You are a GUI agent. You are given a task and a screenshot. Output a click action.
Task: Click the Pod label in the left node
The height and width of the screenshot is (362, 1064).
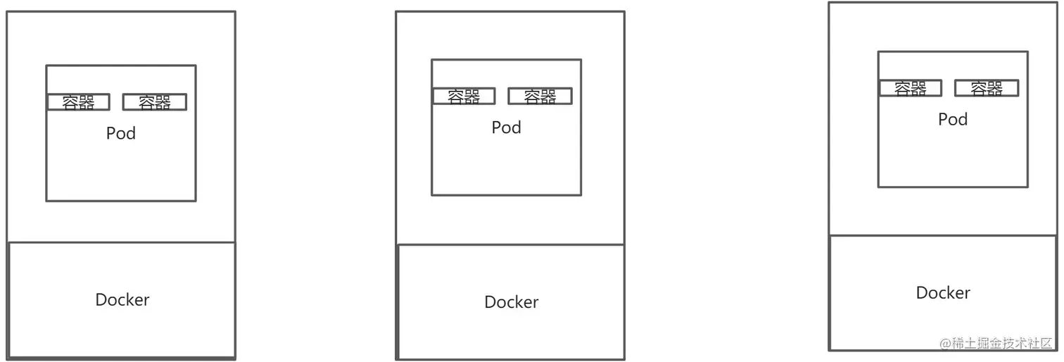121,133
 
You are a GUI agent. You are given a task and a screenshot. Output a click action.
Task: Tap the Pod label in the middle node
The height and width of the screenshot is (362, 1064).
506,127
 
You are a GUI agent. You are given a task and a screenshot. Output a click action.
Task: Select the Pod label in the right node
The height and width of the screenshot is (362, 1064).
953,119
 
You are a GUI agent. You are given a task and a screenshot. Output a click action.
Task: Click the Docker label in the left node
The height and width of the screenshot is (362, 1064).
122,299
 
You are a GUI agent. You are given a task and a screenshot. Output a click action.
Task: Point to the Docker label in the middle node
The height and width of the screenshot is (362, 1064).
512,302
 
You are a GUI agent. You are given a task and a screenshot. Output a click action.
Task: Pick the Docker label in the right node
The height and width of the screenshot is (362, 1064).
943,293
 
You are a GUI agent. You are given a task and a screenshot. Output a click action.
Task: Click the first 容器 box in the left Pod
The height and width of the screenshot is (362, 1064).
79,102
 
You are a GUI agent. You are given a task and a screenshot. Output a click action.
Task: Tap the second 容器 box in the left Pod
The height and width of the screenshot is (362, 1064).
155,102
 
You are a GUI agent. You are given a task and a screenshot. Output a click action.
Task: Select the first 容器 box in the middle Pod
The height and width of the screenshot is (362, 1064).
464,96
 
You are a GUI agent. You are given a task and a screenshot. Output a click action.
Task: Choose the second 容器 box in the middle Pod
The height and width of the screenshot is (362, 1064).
540,96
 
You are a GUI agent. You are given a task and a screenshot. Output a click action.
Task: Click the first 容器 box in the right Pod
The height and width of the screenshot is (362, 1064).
911,88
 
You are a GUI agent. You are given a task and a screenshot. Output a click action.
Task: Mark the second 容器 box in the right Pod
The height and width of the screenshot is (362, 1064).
987,88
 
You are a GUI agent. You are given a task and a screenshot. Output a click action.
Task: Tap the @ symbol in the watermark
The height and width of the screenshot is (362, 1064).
945,343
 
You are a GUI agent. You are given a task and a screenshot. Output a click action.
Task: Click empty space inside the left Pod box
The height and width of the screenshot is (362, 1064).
121,173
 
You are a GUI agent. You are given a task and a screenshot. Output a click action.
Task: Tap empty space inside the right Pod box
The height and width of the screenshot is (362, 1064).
953,158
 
